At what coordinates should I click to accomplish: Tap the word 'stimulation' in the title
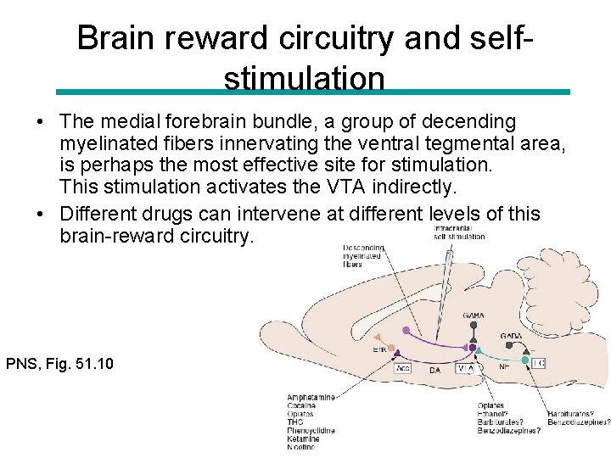click(304, 78)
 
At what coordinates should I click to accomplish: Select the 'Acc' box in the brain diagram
click(403, 368)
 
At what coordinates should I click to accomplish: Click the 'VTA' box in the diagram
click(466, 368)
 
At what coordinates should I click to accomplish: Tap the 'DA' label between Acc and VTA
click(434, 370)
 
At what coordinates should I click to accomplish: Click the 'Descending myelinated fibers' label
click(363, 255)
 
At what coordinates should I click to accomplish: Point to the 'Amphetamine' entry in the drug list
click(311, 397)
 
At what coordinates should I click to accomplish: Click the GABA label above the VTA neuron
click(474, 316)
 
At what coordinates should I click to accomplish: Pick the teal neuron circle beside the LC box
click(526, 361)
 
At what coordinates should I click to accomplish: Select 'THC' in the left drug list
click(296, 422)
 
